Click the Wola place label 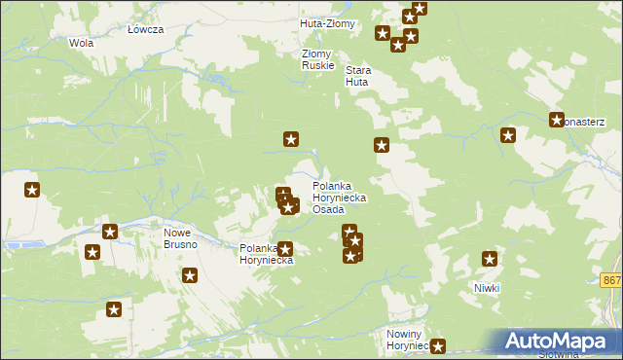(81, 43)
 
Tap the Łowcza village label (145, 29)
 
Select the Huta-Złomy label (328, 23)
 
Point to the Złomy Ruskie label (318, 59)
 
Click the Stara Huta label (359, 76)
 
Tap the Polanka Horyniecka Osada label (339, 197)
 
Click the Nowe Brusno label (181, 238)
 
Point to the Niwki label (487, 288)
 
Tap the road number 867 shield (611, 280)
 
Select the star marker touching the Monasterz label (557, 121)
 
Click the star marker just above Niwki (490, 259)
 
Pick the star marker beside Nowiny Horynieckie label (438, 345)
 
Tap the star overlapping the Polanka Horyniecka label (285, 250)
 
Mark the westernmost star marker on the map (32, 190)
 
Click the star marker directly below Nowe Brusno (190, 275)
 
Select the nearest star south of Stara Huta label (382, 146)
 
